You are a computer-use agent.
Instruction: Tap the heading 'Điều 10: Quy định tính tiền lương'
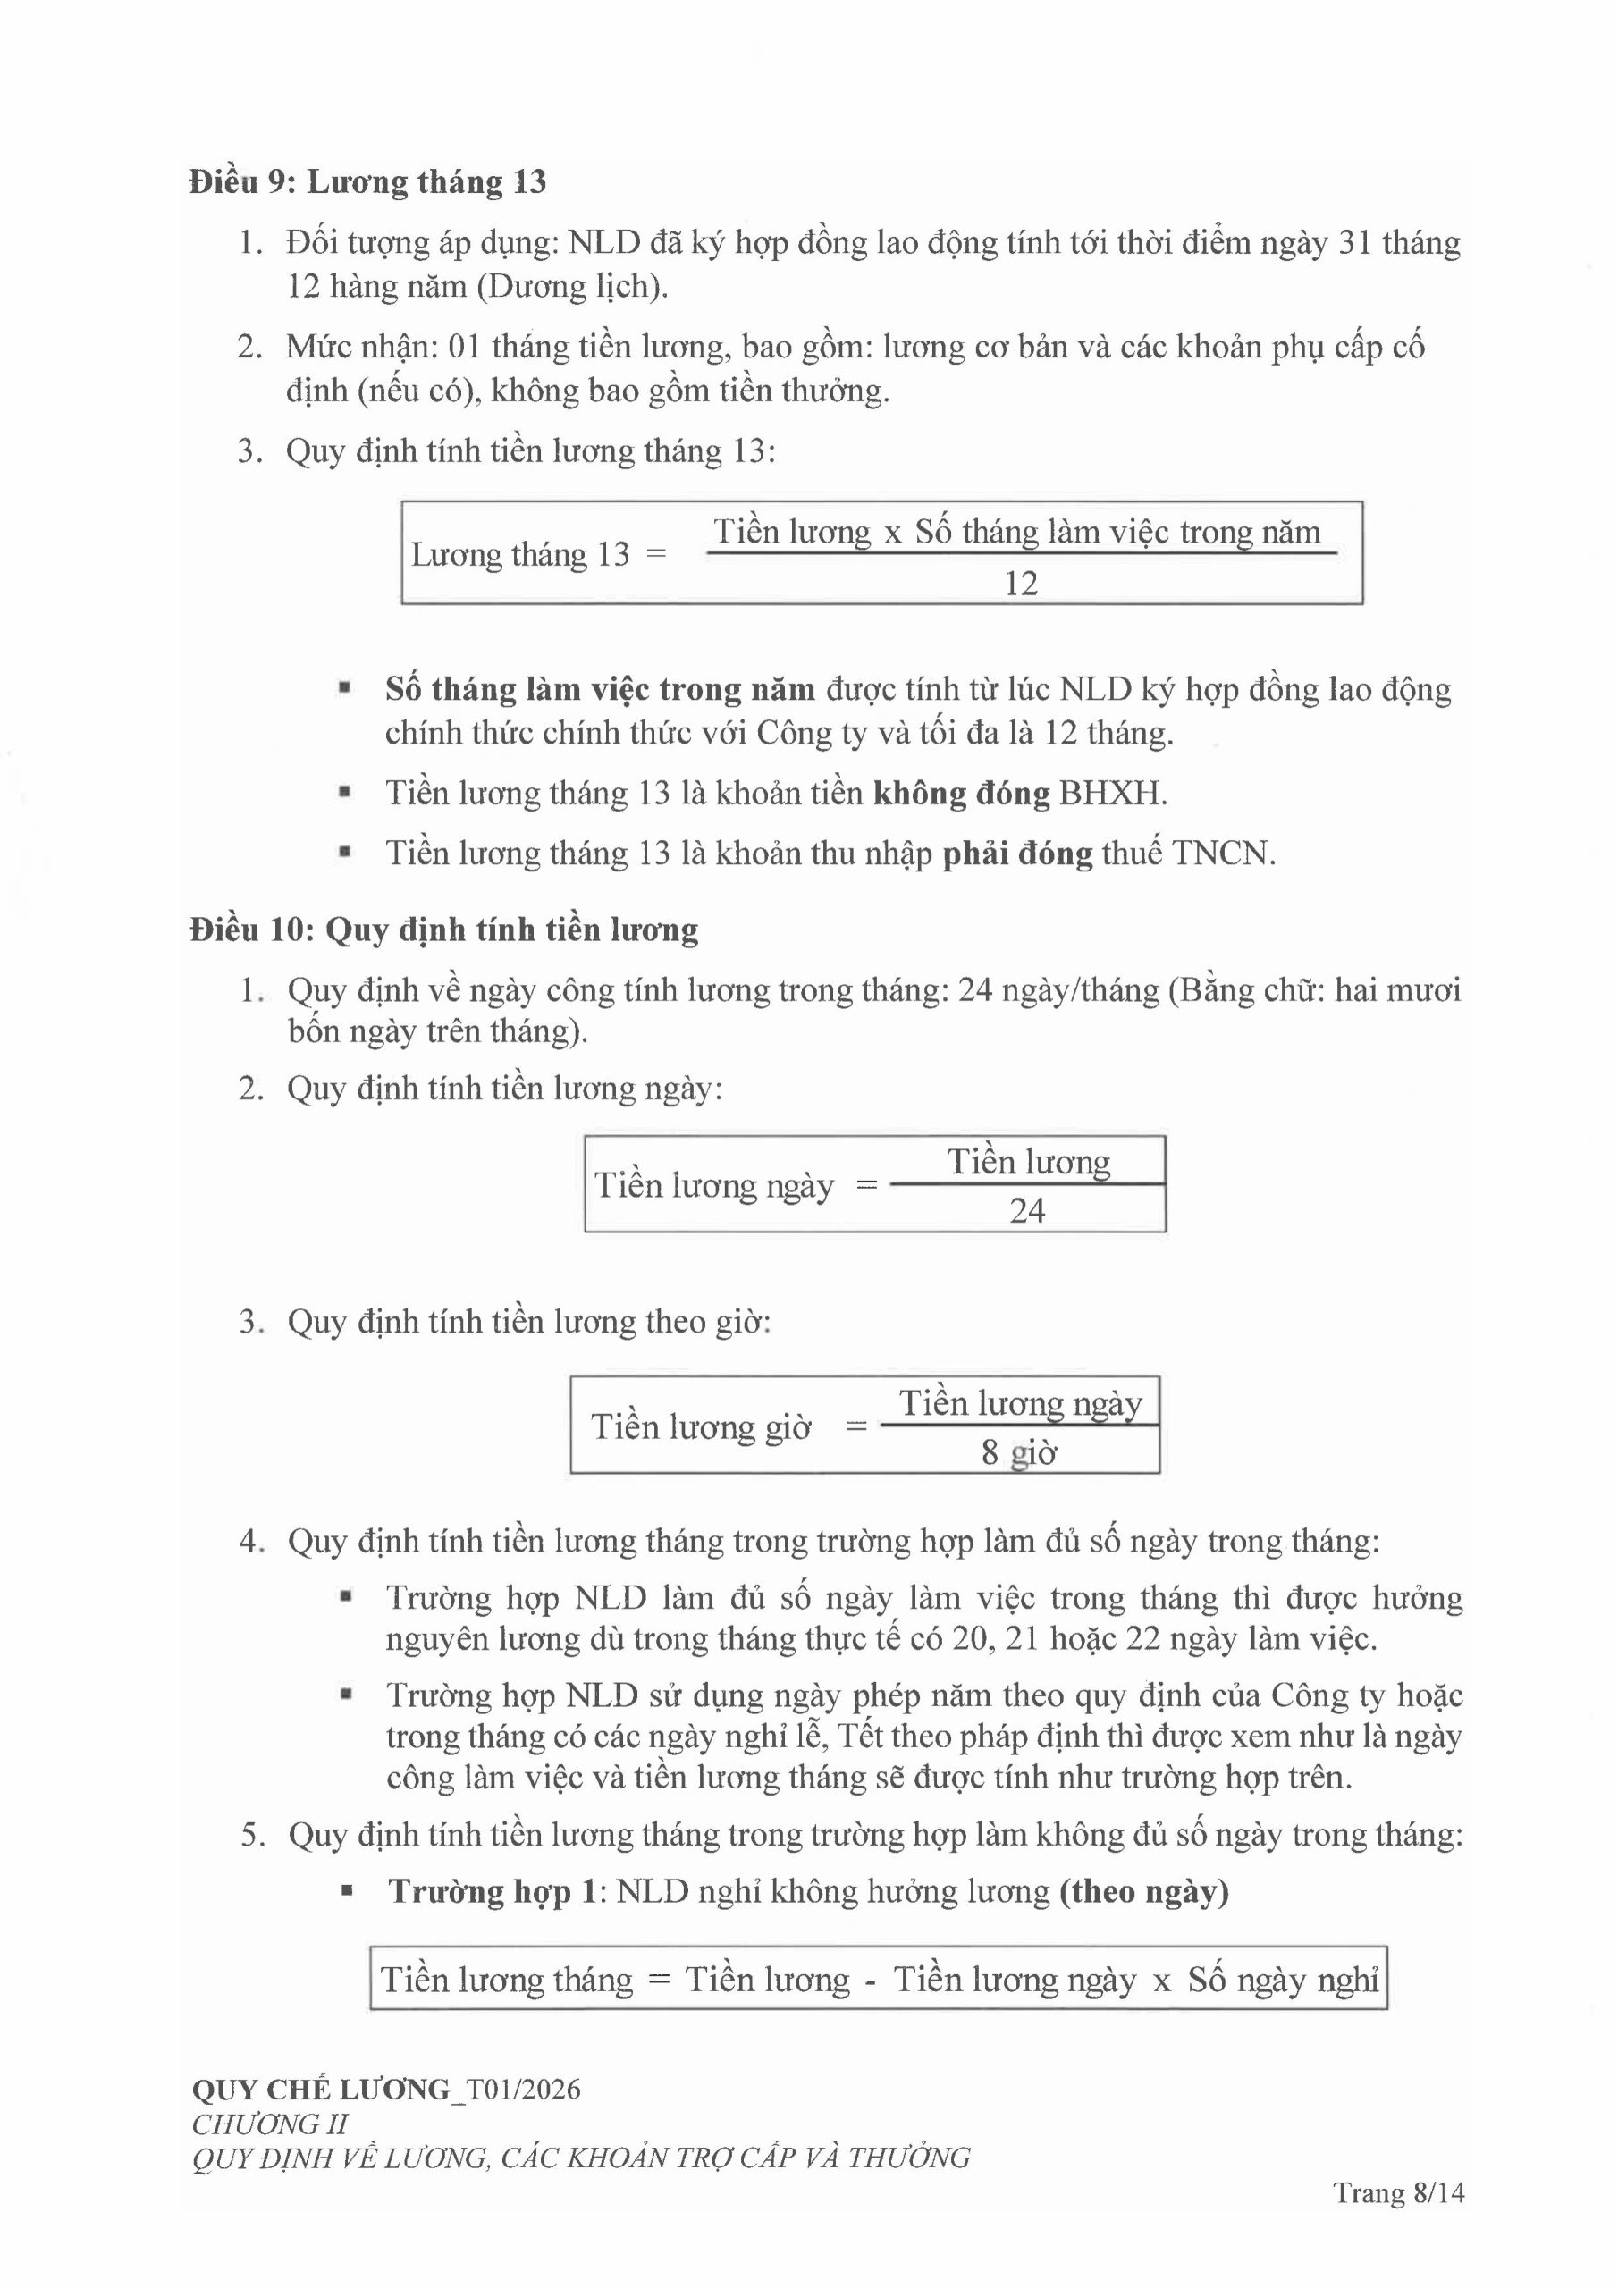click(443, 929)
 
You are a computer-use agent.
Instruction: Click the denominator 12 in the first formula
click(1021, 583)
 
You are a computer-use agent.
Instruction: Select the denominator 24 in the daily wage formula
click(1027, 1211)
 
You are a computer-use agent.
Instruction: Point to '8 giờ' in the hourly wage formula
click(1018, 1453)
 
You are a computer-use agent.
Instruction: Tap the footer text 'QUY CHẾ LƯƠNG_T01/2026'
click(386, 2089)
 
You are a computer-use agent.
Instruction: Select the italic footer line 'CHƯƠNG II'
click(269, 2124)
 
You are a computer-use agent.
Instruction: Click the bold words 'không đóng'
click(961, 794)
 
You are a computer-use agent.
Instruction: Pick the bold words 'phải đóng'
click(1017, 854)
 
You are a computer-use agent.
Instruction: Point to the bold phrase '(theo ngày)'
click(1143, 1892)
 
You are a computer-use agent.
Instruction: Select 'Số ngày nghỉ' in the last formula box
click(1282, 1980)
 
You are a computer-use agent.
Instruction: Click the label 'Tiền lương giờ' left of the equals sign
click(701, 1427)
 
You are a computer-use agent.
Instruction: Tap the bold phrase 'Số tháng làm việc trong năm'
click(600, 690)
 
